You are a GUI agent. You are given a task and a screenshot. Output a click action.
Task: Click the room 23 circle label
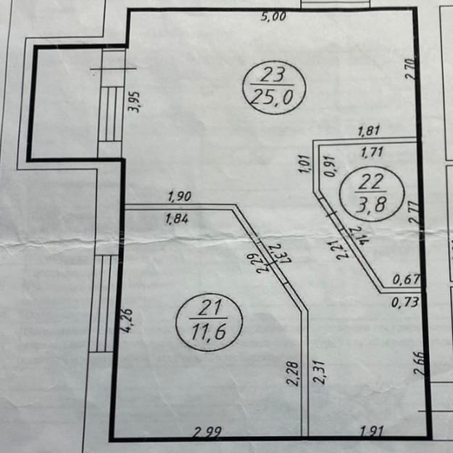click(x=273, y=85)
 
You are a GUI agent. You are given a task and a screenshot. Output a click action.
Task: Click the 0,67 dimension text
click(x=404, y=279)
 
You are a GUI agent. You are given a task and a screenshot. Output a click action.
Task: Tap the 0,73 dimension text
click(x=404, y=301)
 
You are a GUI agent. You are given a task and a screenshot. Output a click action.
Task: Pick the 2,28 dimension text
click(x=294, y=373)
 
